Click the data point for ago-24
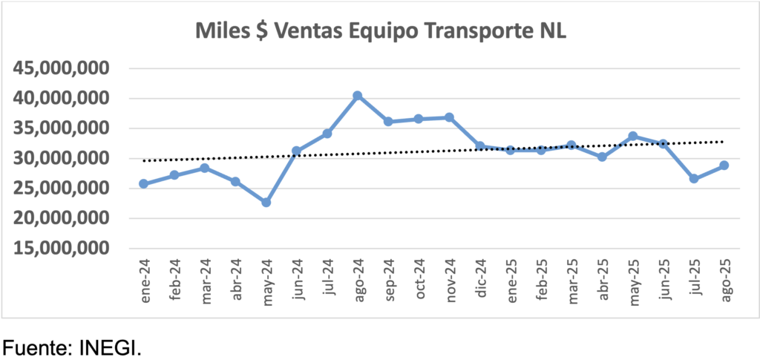pyautogui.click(x=357, y=96)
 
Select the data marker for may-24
pyautogui.click(x=266, y=202)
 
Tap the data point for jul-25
pyautogui.click(x=693, y=179)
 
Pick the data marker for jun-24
pyautogui.click(x=296, y=151)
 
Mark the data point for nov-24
pyautogui.click(x=449, y=117)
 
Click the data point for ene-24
pyautogui.click(x=143, y=183)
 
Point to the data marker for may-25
pyautogui.click(x=632, y=136)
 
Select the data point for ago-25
pyautogui.click(x=724, y=166)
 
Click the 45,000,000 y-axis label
pyautogui.click(x=62, y=68)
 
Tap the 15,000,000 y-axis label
pyautogui.click(x=62, y=249)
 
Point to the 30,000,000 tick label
pyautogui.click(x=62, y=158)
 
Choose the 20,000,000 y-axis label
pyautogui.click(x=62, y=218)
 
